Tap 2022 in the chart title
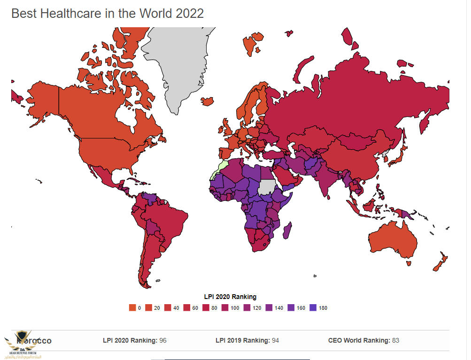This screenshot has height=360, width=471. point(190,13)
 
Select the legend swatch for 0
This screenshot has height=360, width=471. point(132,308)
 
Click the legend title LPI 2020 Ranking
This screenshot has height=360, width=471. point(230,297)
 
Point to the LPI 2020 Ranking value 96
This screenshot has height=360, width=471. point(163,340)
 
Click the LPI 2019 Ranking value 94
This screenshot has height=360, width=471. point(275,340)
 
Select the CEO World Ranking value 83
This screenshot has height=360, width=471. point(395,340)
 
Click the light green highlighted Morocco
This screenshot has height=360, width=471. point(220,168)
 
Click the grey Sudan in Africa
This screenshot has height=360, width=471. point(267,187)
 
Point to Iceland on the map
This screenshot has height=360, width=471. point(207,101)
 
